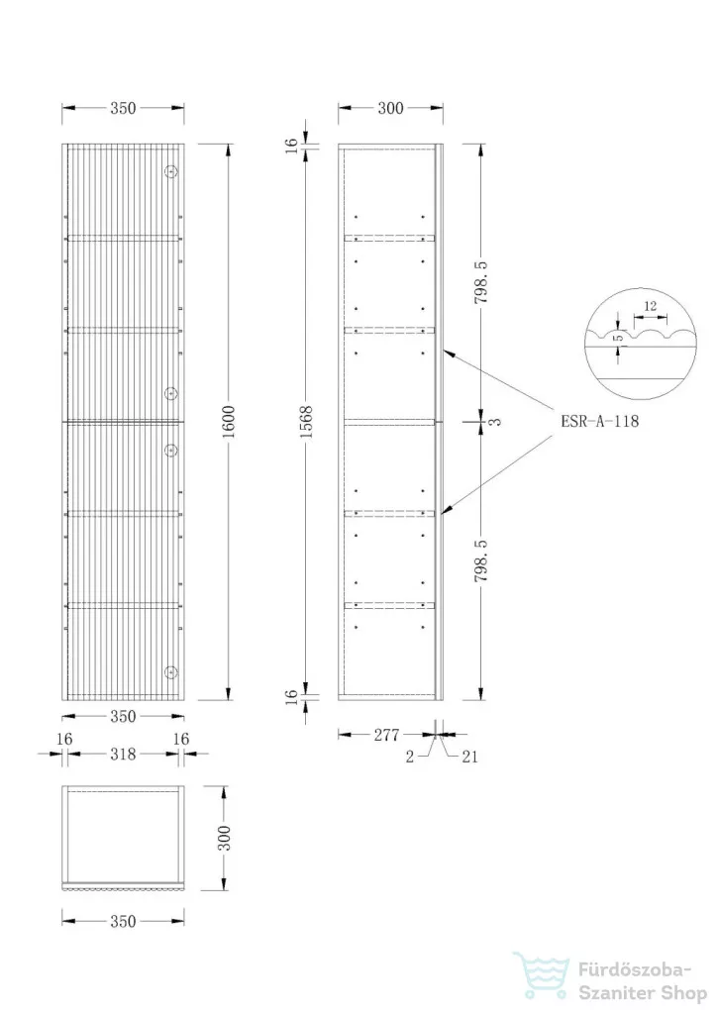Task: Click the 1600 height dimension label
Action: click(x=228, y=421)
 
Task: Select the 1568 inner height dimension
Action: click(x=306, y=422)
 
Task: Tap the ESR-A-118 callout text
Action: click(x=599, y=422)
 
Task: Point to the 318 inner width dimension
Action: click(x=123, y=754)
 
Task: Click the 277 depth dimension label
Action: click(x=386, y=735)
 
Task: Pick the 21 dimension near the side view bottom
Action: click(x=470, y=757)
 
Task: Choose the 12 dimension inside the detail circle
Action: click(x=651, y=306)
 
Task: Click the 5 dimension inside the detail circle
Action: click(x=619, y=338)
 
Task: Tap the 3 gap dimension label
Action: click(x=496, y=422)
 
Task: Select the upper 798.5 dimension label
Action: click(x=481, y=282)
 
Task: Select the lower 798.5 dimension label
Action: click(x=481, y=560)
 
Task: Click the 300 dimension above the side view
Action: click(x=390, y=108)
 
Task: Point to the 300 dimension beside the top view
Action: click(x=224, y=838)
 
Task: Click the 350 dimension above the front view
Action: click(x=123, y=108)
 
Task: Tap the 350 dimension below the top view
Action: click(x=123, y=921)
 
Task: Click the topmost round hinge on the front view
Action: click(x=171, y=171)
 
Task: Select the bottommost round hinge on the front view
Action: click(x=171, y=672)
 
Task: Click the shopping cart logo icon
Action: click(x=542, y=974)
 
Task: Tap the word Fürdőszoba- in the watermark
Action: click(x=635, y=970)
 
